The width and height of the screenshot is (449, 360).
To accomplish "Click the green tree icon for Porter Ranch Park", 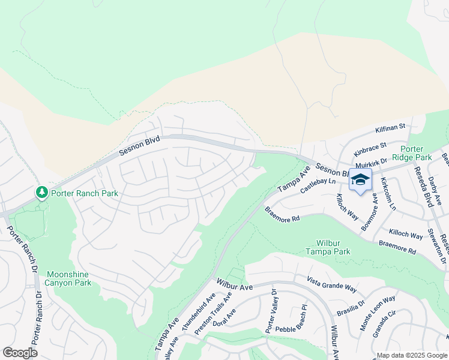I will coord(41,193).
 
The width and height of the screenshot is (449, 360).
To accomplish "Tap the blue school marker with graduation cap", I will coord(360,180).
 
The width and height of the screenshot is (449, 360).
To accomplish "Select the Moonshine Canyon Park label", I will coord(68,278).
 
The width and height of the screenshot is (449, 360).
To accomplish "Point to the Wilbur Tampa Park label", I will coord(333,248).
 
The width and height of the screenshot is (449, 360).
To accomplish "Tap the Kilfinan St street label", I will coord(391,127).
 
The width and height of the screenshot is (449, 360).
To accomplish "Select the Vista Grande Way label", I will coord(331,284).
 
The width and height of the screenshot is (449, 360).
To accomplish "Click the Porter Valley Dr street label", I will coord(271,312).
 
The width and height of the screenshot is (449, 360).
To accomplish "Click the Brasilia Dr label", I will coord(352,304).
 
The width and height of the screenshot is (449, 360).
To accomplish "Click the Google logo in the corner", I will coord(20,353).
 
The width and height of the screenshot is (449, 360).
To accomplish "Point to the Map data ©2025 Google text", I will coord(412,355).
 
